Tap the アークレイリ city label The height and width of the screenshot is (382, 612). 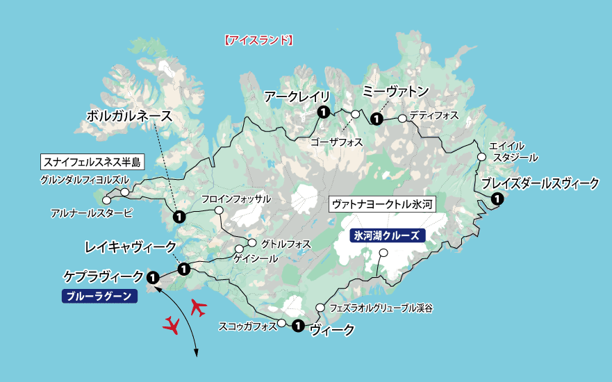click(x=297, y=97)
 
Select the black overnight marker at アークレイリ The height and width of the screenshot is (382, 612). click(x=323, y=113)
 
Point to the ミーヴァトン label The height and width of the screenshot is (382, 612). click(x=396, y=92)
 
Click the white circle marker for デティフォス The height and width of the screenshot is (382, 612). click(x=402, y=118)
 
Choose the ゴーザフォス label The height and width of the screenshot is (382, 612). click(x=337, y=142)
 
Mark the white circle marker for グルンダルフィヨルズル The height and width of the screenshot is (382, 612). click(x=125, y=192)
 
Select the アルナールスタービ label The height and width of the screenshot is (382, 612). click(x=92, y=213)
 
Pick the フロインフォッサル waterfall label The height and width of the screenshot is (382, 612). click(x=236, y=199)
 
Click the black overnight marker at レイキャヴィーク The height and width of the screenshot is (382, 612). click(x=184, y=269)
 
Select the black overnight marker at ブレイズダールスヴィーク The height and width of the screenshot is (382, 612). click(x=497, y=199)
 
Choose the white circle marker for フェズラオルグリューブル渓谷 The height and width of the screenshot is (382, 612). click(x=320, y=308)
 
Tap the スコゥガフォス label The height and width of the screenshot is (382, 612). click(x=247, y=324)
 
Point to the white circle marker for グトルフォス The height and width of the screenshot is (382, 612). click(x=252, y=244)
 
